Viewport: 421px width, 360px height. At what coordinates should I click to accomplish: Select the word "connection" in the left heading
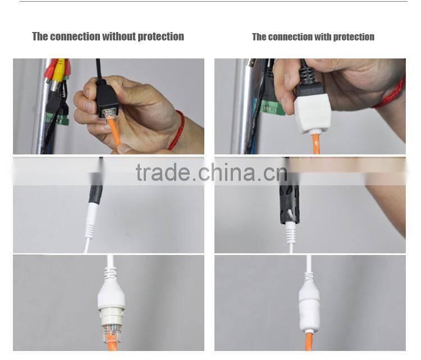(75, 37)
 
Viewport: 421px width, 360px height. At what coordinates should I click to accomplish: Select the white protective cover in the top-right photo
(312, 112)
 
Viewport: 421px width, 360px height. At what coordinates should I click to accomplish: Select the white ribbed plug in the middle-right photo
(290, 231)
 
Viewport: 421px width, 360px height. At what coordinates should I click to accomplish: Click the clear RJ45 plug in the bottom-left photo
(111, 327)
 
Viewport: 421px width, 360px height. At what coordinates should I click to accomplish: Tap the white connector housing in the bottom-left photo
(111, 295)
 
